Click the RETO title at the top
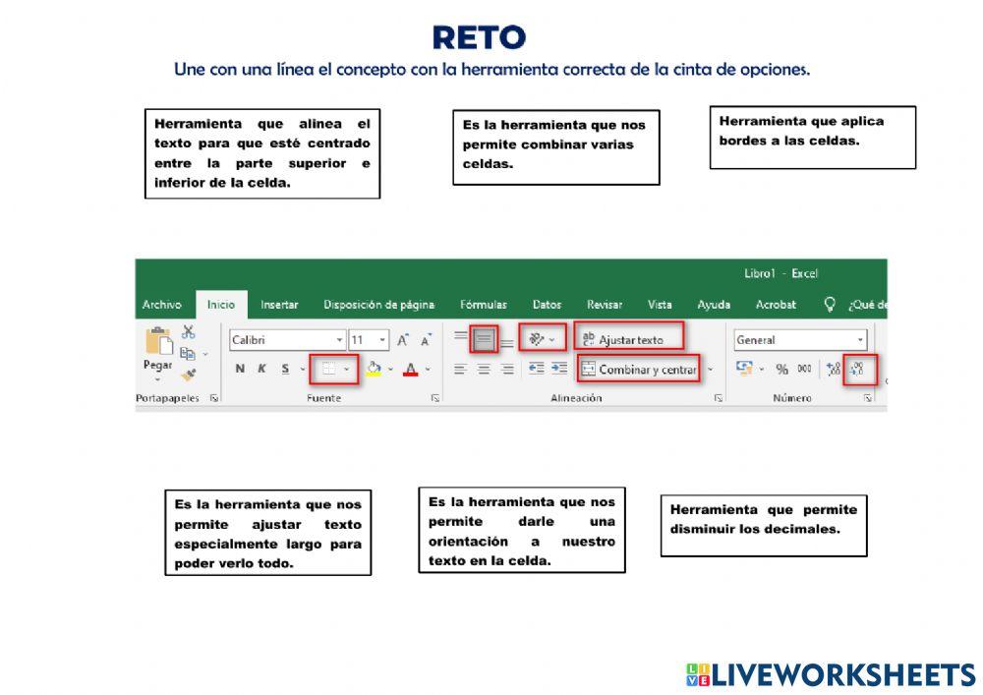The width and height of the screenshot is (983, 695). pos(479,38)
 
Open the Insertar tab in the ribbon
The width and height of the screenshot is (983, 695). pos(279,305)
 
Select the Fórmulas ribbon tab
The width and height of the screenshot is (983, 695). pos(484,305)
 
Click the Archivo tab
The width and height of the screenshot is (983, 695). pos(161,305)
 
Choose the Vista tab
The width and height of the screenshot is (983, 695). pos(660,305)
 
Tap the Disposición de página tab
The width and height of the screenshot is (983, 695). pos(378,305)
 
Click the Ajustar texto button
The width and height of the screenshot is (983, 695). pos(629,340)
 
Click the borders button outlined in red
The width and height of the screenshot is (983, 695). pos(333,370)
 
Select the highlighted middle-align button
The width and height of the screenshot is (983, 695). pos(484,339)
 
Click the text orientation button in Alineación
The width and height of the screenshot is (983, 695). pos(542,339)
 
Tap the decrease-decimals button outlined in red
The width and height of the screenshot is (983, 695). pos(858,370)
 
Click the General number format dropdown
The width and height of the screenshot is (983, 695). pos(800,340)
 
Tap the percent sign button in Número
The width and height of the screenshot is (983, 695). pos(781,370)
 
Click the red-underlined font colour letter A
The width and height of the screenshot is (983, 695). pos(410,370)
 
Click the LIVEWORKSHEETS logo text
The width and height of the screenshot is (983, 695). pos(842,674)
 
